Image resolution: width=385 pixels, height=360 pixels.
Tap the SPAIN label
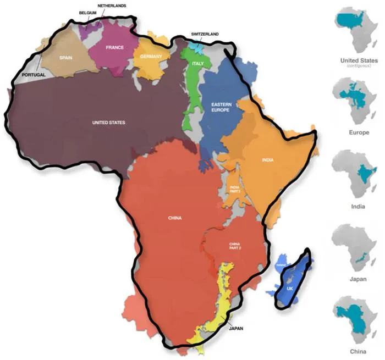tap(65, 57)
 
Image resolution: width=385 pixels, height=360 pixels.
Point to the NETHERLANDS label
tap(112, 5)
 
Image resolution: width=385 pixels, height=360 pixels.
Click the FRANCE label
tap(115, 48)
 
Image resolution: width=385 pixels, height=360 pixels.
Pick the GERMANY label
tap(151, 57)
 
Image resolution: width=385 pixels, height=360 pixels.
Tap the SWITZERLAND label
tap(205, 34)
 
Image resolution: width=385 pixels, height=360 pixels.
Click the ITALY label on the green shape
tap(197, 64)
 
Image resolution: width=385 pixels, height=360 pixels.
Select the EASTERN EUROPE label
tap(220, 107)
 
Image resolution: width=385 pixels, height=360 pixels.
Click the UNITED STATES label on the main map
tap(109, 122)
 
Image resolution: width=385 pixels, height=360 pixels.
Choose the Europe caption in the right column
tap(359, 132)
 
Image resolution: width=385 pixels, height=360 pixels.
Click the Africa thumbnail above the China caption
tap(357, 319)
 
